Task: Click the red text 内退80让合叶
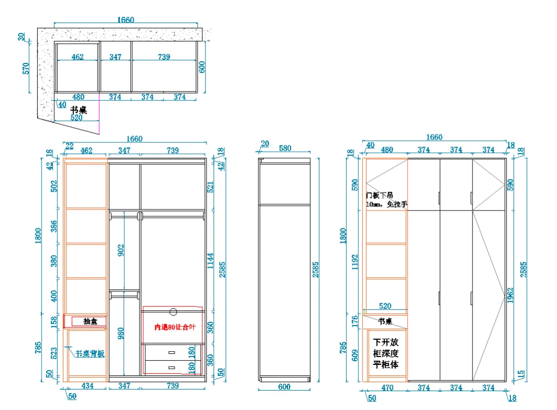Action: coord(174,327)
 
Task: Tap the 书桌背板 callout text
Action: coord(90,354)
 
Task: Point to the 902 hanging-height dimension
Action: coord(121,250)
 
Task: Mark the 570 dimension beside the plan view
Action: coord(26,68)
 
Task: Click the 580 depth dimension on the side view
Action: coord(285,149)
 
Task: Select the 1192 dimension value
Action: coord(355,261)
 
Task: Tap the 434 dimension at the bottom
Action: coord(88,386)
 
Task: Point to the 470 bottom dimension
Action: coord(387,388)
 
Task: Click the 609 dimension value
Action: coord(355,357)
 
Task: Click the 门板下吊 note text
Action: coord(380,195)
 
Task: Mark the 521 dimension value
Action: coord(210,186)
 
